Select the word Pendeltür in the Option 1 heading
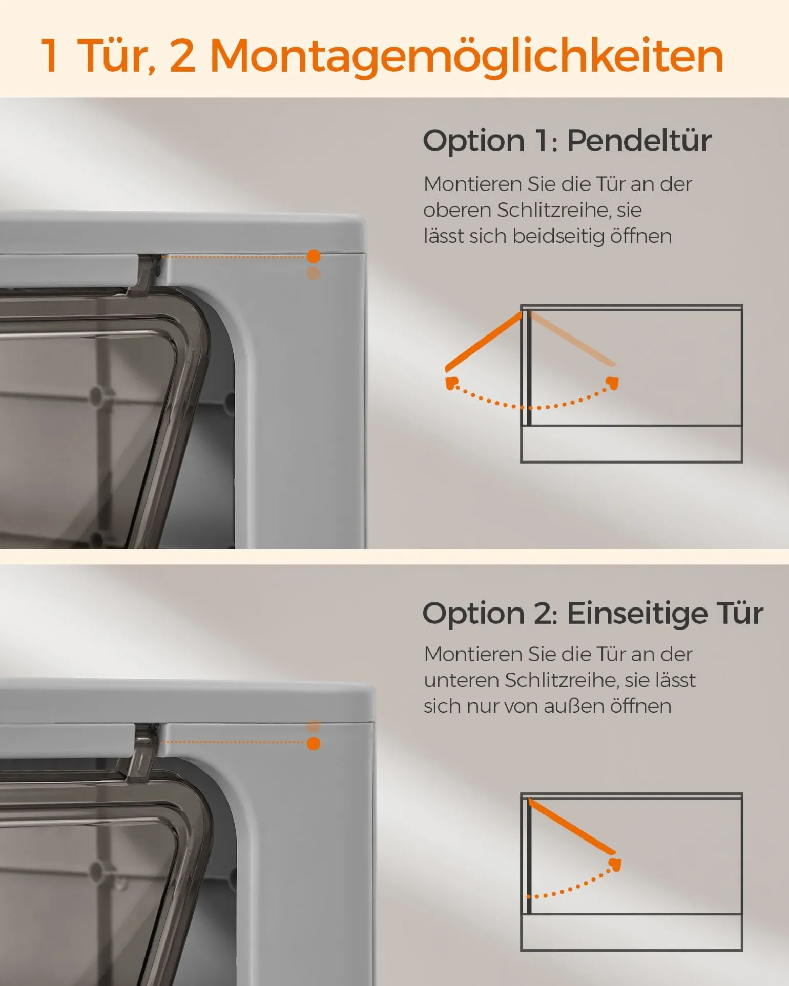(639, 140)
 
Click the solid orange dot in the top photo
(314, 256)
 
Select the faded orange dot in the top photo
(314, 273)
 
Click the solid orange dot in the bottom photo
(314, 743)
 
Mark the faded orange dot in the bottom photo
(314, 726)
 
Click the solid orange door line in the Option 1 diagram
(484, 342)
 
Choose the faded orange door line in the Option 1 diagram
(572, 339)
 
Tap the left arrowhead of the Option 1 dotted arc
(451, 383)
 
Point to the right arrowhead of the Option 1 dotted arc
(613, 383)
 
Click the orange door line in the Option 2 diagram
(572, 827)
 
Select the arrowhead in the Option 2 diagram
(615, 865)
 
